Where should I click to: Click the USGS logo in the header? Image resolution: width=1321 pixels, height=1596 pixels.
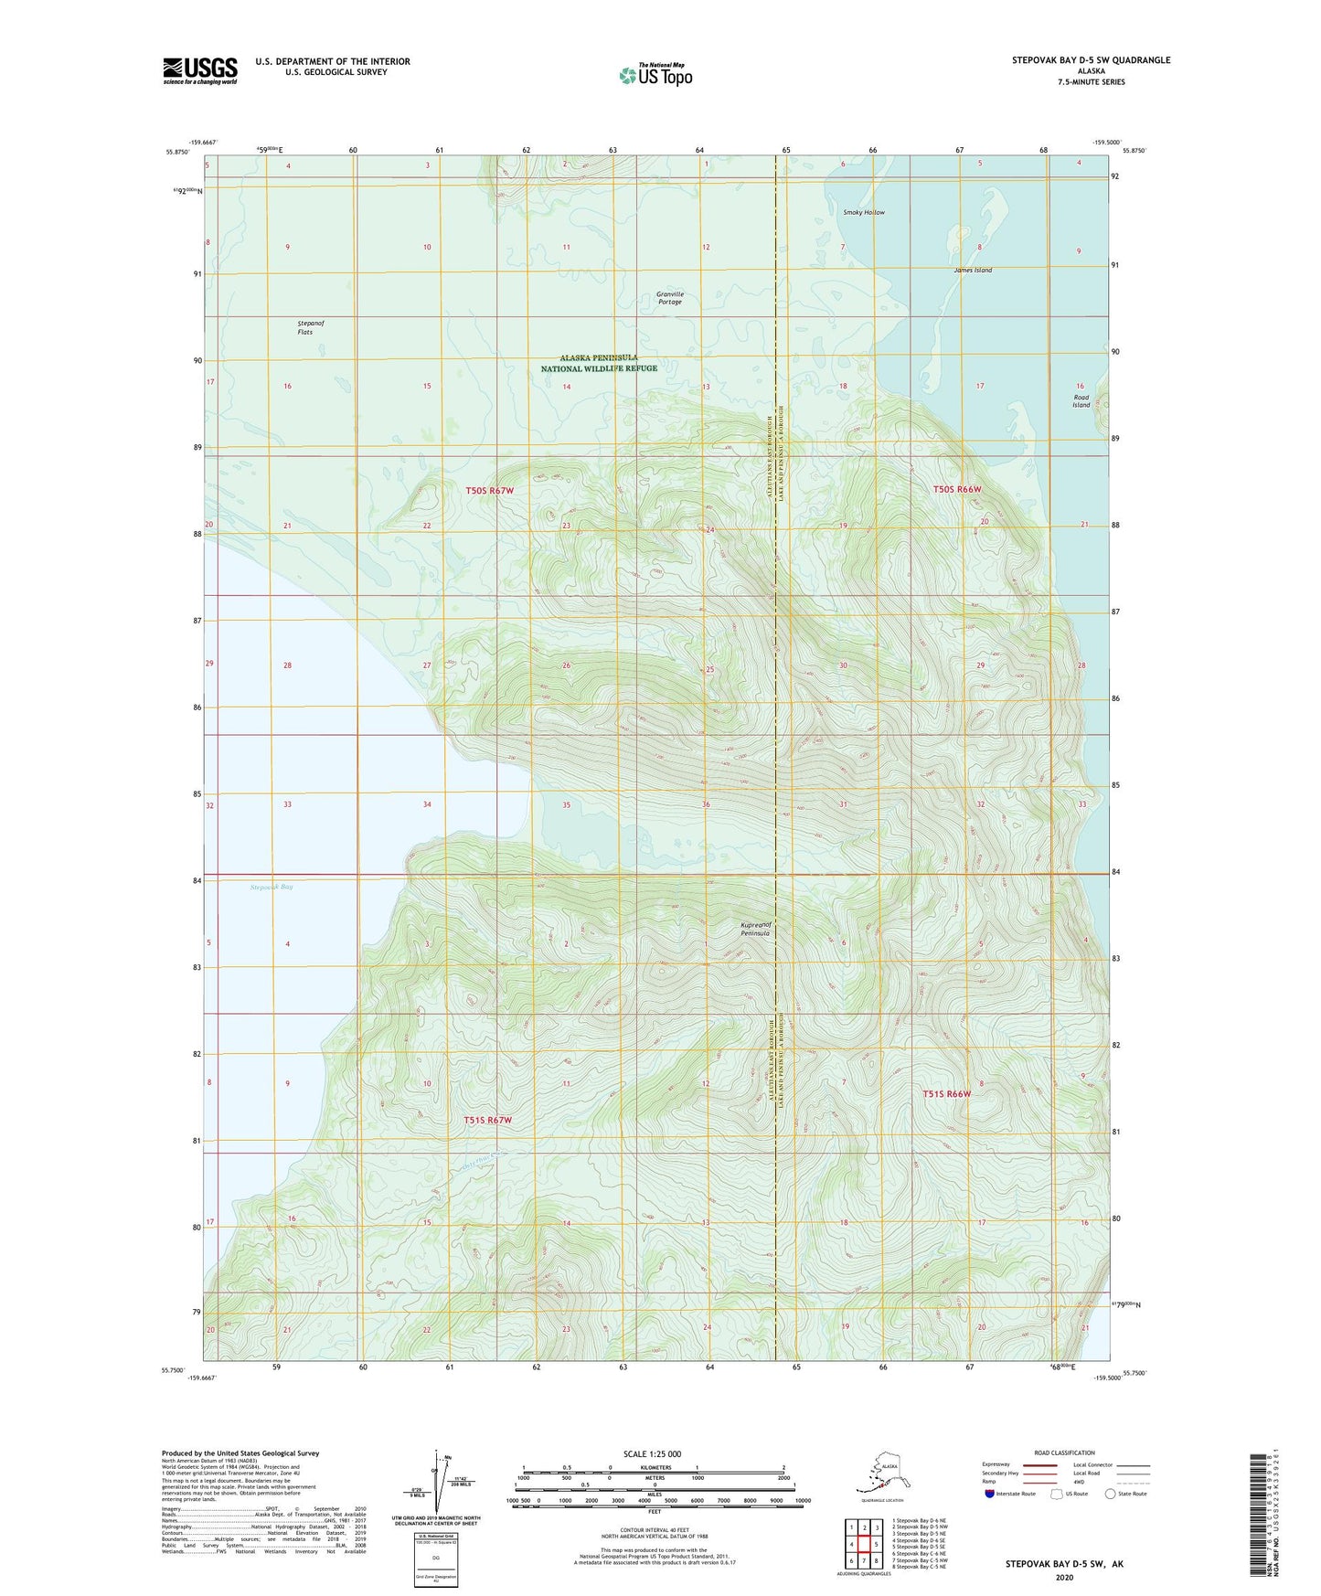(200, 70)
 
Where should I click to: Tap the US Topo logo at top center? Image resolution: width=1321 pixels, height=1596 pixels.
(655, 74)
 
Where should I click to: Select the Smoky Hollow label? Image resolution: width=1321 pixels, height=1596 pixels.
(863, 212)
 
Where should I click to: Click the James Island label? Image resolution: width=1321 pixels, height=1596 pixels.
(972, 271)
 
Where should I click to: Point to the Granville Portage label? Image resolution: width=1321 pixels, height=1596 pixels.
(670, 298)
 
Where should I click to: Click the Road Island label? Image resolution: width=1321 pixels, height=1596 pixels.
(1081, 401)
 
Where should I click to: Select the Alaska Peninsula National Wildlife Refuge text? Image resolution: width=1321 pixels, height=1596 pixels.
(599, 363)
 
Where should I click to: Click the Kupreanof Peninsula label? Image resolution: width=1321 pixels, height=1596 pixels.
(755, 929)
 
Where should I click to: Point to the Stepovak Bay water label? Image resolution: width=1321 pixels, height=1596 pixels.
(272, 887)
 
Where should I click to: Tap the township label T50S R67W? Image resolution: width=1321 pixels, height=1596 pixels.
(490, 491)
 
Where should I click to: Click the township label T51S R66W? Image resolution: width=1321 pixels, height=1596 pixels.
(946, 1094)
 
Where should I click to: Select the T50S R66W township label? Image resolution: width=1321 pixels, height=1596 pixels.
(957, 489)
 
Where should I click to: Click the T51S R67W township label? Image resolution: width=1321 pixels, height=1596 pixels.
(487, 1120)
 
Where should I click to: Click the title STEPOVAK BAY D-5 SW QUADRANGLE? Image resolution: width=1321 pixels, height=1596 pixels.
(1091, 60)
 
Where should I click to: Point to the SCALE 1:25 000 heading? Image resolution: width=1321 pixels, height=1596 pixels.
(652, 1454)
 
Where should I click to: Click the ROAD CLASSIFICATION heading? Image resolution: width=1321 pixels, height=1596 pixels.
(1064, 1452)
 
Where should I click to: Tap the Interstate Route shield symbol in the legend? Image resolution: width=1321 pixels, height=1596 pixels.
(989, 1494)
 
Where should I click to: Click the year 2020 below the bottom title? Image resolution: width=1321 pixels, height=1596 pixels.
(1063, 1577)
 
